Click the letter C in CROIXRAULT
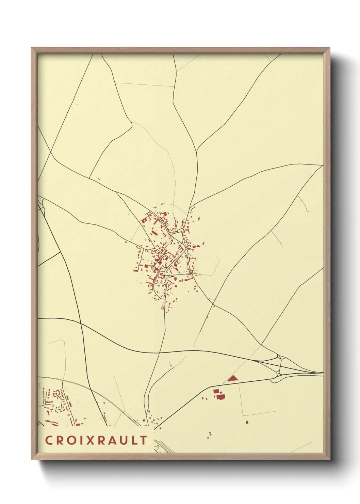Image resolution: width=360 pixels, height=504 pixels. pos(49,440)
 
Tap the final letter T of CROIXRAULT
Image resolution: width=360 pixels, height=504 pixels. pos(144,440)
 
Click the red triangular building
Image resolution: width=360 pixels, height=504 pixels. pos(232,378)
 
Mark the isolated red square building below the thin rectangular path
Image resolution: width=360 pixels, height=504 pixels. pos(247,422)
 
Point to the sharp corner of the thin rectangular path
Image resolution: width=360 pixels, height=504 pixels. pos(243,415)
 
